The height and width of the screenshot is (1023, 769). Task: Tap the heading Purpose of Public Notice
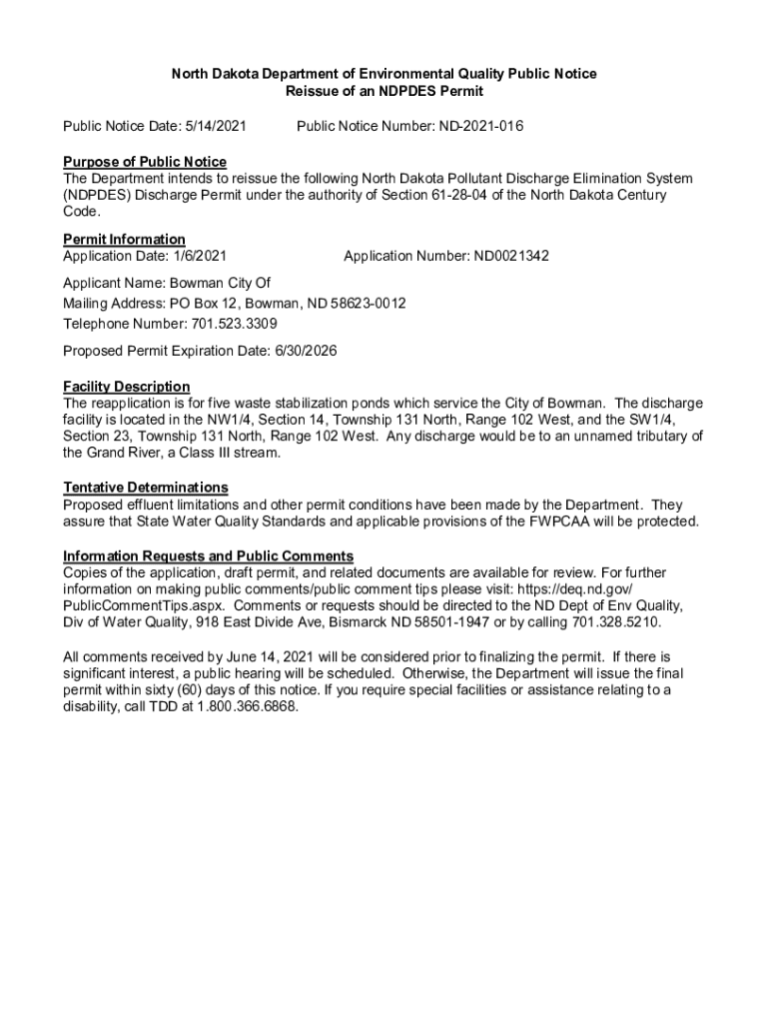click(145, 162)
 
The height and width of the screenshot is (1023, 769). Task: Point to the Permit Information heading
click(124, 240)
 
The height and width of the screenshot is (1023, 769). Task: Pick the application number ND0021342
click(503, 257)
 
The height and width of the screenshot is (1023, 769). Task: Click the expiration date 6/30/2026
click(312, 352)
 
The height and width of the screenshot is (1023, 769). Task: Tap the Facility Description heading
click(126, 387)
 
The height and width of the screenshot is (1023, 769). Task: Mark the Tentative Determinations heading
click(146, 488)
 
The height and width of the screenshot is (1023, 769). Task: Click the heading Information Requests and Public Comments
click(208, 556)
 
